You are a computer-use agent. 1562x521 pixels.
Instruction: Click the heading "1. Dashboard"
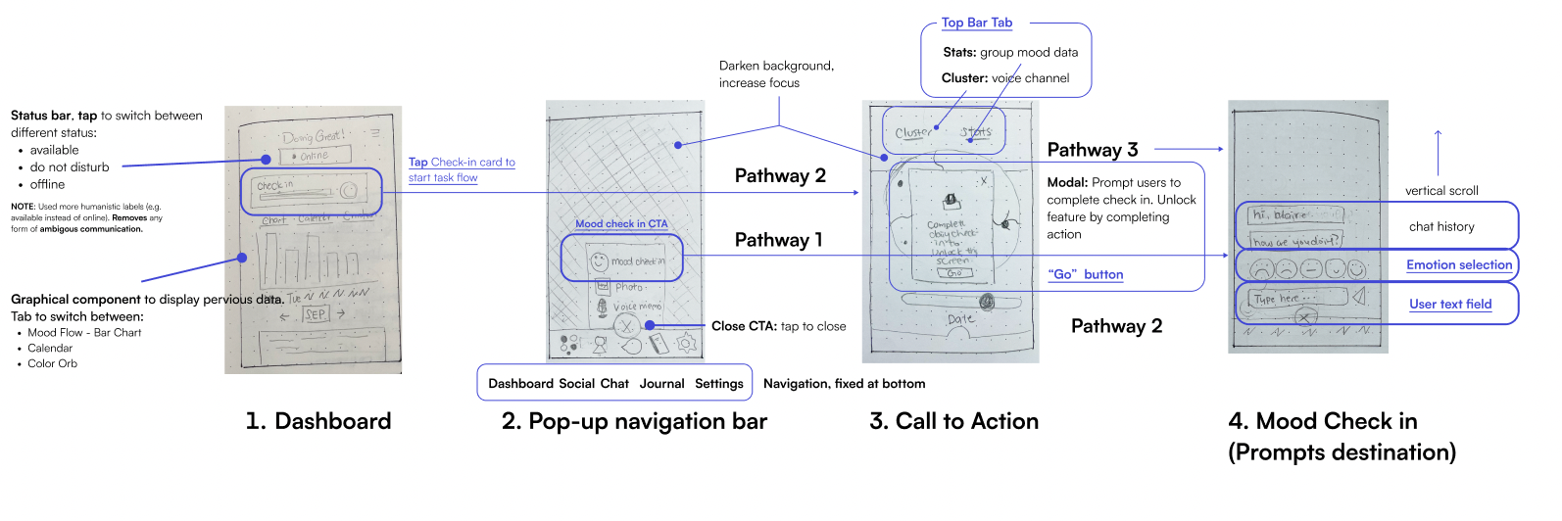317,421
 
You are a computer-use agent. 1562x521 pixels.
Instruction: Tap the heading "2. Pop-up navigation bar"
634,421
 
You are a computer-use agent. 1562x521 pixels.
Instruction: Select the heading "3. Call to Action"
953,421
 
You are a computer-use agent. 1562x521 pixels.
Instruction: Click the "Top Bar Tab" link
977,23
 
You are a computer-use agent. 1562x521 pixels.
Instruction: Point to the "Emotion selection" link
1459,264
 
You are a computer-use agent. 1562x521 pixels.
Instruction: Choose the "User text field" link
1450,304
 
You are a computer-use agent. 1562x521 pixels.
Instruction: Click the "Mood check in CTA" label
621,224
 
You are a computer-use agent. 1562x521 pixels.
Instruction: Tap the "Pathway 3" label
1093,150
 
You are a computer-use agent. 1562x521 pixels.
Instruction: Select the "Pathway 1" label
778,240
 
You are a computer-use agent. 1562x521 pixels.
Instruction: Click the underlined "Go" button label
1086,275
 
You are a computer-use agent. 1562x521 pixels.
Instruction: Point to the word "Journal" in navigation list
661,384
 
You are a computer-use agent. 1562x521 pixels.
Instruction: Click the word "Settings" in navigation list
719,384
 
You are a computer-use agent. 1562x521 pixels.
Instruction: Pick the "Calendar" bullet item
50,348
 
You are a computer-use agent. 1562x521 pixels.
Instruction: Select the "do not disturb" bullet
70,167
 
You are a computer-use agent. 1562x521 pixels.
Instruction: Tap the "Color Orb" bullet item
52,363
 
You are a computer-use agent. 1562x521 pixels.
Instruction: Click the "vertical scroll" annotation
1441,191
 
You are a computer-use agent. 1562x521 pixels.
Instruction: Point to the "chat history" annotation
1441,226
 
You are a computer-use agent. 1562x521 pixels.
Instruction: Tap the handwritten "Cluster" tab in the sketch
913,132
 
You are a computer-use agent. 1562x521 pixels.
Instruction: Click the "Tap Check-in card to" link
462,163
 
